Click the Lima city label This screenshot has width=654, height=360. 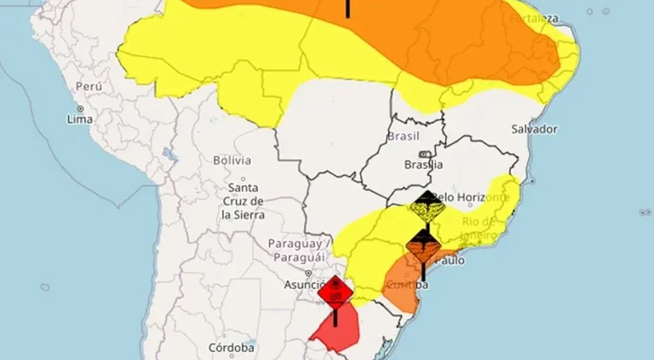80,119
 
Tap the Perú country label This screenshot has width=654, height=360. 89,87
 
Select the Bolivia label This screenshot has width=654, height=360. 232,161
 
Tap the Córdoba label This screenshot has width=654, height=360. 232,348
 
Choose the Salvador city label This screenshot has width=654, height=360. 534,129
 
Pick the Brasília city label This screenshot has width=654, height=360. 423,164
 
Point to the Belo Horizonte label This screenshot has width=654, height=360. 473,197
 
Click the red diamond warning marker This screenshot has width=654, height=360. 335,293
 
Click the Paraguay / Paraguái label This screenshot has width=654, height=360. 299,250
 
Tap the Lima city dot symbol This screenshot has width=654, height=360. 80,108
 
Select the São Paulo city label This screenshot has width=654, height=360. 450,260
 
